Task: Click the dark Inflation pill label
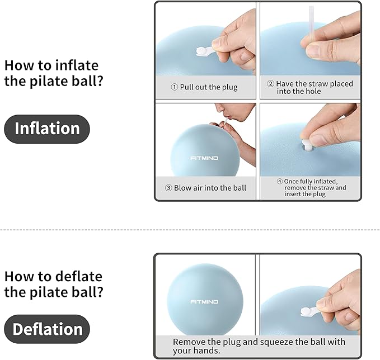point(47,129)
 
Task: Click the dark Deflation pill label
point(47,329)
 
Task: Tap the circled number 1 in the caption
point(174,87)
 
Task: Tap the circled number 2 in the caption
point(270,84)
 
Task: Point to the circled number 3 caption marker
point(168,188)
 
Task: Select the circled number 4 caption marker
point(280,181)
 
